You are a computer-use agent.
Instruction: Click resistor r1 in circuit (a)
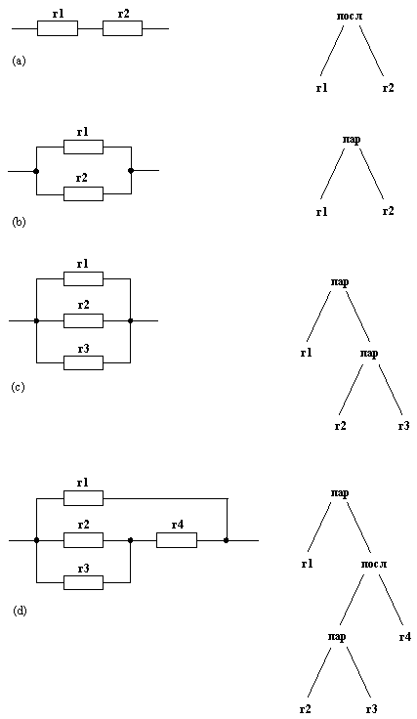click(57, 28)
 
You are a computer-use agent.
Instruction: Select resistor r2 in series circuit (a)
click(122, 28)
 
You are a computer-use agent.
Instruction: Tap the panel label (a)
click(19, 61)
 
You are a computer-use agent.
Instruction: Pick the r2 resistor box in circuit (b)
click(83, 193)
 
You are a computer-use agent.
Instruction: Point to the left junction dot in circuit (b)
click(36, 170)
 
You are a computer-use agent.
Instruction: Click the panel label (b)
click(19, 222)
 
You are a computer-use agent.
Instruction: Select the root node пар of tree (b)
click(352, 140)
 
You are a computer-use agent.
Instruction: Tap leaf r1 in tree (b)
click(321, 211)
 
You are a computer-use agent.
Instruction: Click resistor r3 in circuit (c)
click(83, 362)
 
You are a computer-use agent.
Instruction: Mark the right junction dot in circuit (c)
click(130, 319)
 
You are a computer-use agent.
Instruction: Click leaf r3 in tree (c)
click(403, 425)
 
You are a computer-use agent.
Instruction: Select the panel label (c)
click(19, 387)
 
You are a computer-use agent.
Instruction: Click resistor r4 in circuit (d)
click(177, 539)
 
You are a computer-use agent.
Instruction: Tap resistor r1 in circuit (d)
click(83, 498)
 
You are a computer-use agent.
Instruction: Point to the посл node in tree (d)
click(372, 564)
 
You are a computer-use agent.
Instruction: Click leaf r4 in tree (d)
click(404, 636)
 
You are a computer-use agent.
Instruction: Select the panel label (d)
click(20, 611)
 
